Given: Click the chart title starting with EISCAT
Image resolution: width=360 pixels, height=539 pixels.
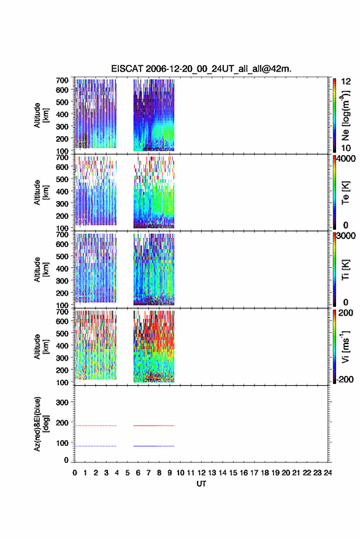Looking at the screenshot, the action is [201, 69].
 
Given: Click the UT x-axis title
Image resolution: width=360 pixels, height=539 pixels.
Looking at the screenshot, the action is [201, 484].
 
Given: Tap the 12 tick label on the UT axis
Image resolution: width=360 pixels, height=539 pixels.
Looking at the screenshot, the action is [202, 473].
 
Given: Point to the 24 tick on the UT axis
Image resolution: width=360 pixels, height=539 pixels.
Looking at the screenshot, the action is [327, 473].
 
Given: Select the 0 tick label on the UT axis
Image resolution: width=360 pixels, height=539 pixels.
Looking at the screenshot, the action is [75, 473].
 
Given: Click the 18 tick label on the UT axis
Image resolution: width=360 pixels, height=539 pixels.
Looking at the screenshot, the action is [265, 473].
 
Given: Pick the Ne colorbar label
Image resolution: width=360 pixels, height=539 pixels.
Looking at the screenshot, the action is [345, 116].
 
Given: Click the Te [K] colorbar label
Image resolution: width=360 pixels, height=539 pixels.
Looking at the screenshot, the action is [345, 193].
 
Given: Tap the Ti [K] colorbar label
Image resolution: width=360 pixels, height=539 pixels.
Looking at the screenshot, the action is [345, 270].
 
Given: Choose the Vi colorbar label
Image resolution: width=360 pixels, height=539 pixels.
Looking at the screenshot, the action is [345, 346].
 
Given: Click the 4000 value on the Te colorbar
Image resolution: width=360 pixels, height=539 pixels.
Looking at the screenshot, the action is [346, 159].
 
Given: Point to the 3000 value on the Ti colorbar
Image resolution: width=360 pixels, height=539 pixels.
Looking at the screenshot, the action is [346, 236].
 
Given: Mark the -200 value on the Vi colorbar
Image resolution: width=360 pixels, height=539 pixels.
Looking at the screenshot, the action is [345, 379].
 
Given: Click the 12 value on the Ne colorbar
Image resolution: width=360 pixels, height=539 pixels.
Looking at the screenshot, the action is [346, 82].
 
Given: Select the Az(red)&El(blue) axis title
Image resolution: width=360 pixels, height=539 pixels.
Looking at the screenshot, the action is [41, 424].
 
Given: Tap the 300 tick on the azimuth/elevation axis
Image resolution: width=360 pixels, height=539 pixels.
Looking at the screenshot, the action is [62, 402].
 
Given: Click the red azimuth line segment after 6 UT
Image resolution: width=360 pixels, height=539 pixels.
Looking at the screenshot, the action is [154, 426].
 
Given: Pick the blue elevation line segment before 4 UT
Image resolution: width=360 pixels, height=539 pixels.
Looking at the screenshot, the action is [96, 446].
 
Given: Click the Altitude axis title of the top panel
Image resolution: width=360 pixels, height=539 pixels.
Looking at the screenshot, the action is [41, 115].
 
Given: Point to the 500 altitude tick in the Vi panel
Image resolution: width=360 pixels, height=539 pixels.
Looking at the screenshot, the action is [62, 333].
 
